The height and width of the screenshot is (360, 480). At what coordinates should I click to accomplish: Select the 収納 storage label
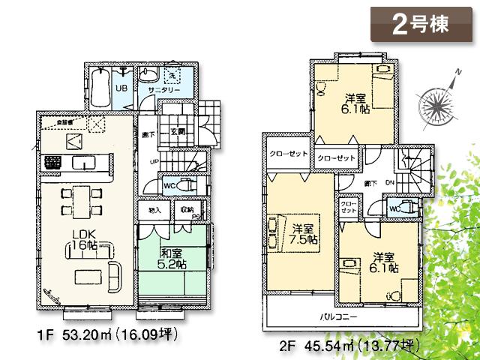pyautogui.click(x=187, y=211)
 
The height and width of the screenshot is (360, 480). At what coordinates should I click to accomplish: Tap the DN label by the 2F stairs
pyautogui.click(x=390, y=183)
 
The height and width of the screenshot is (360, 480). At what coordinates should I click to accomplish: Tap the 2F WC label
pyautogui.click(x=394, y=208)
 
